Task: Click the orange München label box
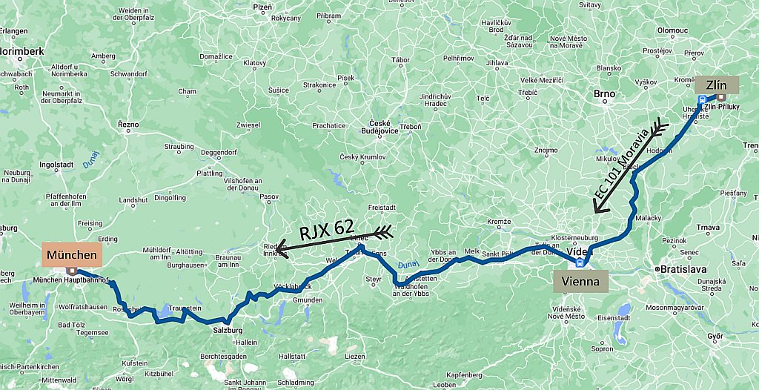click(x=72, y=255)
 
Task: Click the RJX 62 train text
click(x=326, y=231)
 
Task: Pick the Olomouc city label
click(x=672, y=30)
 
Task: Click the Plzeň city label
click(x=262, y=7)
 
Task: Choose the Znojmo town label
click(x=546, y=151)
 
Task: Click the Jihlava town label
click(x=497, y=63)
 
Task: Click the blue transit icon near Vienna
click(x=580, y=262)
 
